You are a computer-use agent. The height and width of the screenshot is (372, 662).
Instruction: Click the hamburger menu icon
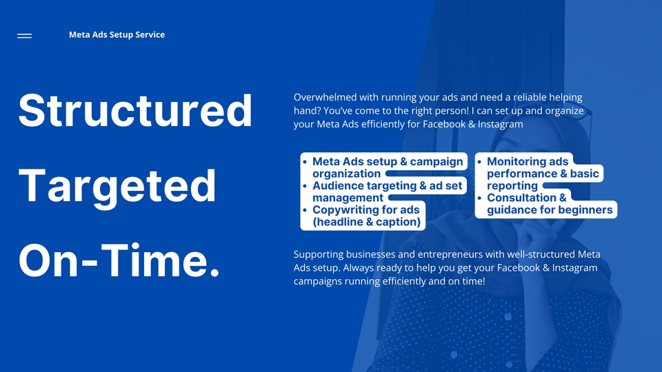pos(25,36)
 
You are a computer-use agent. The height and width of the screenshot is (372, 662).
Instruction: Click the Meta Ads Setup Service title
pos(117,34)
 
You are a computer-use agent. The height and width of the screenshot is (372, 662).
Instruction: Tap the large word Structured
pos(135,110)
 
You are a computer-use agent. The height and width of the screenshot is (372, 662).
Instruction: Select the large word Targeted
pos(117,186)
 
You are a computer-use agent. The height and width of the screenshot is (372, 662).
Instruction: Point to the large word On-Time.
pos(119,260)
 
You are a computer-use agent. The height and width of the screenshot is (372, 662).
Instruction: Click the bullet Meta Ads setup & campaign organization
pos(388,167)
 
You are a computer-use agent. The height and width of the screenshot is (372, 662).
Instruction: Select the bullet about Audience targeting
pos(387,192)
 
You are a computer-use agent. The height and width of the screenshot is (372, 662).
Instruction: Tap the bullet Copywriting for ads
pos(366,216)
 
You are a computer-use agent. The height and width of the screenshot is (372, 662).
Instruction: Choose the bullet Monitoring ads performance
pos(543,174)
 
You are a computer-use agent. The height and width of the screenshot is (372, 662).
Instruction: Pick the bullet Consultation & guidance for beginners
pos(550,204)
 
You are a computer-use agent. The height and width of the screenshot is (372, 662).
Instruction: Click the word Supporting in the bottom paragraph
pos(319,255)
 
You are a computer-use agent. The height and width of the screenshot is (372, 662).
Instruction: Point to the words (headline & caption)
pos(366,222)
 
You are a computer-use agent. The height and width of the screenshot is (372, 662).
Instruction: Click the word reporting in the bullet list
pos(512,186)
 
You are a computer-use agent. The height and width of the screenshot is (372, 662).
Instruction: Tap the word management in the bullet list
pos(348,198)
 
